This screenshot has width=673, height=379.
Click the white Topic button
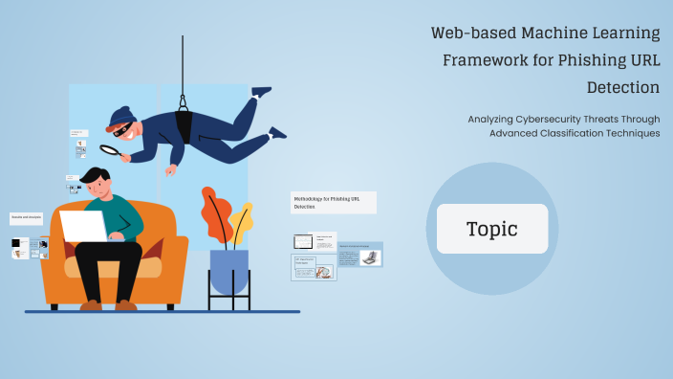[492, 229]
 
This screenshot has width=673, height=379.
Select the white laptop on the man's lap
[86, 226]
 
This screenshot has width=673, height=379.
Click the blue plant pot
[228, 271]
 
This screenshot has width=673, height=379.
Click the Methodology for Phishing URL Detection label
[333, 202]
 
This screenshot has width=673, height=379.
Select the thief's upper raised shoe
[260, 92]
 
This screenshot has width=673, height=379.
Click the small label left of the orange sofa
[26, 219]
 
